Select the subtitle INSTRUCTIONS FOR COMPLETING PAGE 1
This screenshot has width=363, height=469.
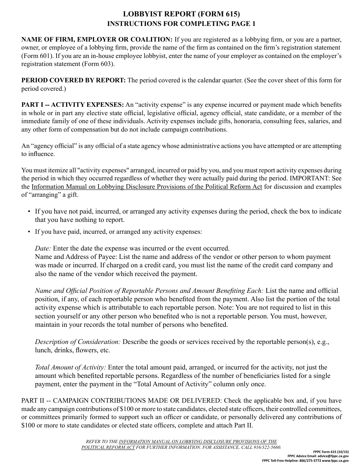click(181, 24)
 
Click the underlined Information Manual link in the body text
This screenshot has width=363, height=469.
click(147, 187)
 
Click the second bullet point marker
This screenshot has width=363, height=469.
click(29, 231)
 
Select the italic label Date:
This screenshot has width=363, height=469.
click(43, 248)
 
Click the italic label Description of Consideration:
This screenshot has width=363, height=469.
click(78, 342)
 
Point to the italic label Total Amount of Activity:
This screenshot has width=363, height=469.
click(71, 367)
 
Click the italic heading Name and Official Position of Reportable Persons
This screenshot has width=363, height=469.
click(149, 291)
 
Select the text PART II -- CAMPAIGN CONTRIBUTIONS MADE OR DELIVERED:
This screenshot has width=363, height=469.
click(122, 400)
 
